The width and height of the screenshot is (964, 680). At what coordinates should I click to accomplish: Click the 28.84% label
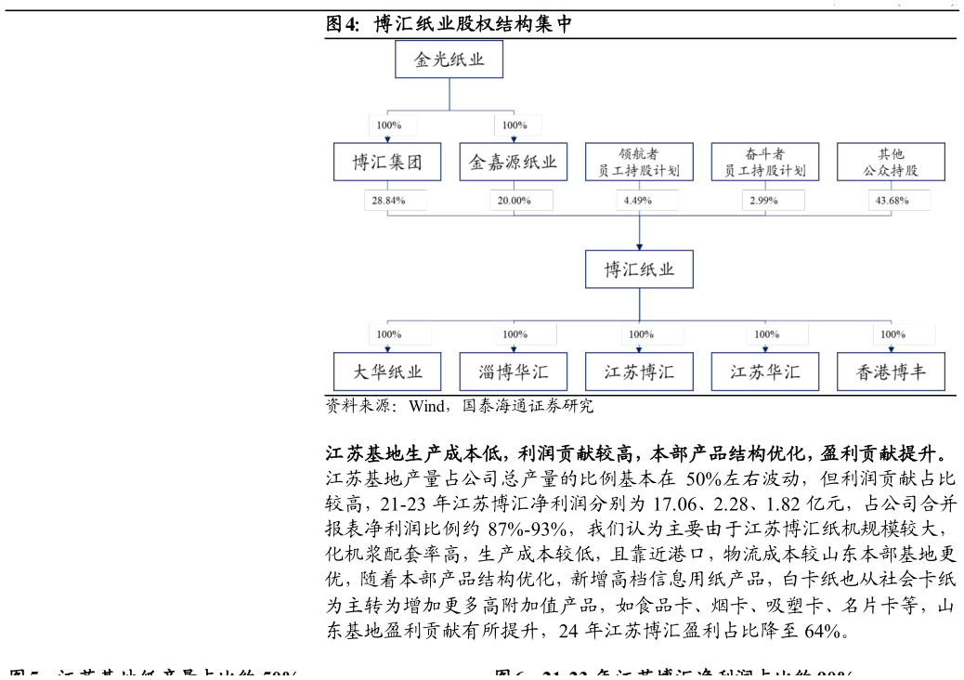[395, 201]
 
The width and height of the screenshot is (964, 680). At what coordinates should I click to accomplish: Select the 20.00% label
[520, 201]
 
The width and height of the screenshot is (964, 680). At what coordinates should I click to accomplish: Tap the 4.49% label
[646, 201]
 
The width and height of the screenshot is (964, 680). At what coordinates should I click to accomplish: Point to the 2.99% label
[772, 201]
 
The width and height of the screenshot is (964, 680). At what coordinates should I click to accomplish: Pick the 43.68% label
[898, 201]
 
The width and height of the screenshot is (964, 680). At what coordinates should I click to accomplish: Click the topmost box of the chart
[449, 59]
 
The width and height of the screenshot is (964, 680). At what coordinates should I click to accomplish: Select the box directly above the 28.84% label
[387, 162]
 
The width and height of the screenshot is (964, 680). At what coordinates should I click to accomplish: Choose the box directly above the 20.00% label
[513, 162]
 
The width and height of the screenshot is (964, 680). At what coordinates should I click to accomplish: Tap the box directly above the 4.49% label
[639, 162]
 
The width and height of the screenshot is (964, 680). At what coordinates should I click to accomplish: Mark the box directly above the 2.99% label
[764, 162]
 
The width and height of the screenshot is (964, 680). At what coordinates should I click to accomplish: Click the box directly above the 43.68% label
[891, 162]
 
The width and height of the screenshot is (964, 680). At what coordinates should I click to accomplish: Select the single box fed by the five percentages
[639, 269]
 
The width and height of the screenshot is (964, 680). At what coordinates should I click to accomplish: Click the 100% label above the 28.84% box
[392, 125]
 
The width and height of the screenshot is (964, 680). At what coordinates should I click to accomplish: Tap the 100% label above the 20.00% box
[517, 125]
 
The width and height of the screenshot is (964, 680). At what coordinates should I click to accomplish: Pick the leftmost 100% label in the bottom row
[399, 334]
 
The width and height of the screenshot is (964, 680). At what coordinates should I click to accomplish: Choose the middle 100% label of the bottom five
[651, 334]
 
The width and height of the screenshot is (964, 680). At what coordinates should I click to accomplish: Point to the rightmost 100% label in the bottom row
[903, 334]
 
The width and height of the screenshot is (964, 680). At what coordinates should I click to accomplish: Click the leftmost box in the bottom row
[387, 372]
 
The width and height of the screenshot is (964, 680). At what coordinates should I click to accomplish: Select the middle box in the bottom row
[639, 372]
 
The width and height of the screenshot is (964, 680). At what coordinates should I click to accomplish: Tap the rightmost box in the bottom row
[891, 372]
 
